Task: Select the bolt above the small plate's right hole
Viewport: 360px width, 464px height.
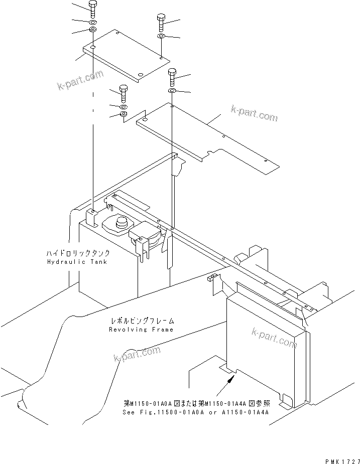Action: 161,22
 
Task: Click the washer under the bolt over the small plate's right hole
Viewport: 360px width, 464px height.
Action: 161,37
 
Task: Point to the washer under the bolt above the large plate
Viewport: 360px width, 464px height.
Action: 172,91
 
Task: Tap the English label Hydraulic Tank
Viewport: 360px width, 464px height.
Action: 77,262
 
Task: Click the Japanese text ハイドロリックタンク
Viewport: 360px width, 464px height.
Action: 77,254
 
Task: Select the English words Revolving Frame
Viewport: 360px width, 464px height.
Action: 141,330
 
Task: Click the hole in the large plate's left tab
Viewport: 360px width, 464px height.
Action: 145,120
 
